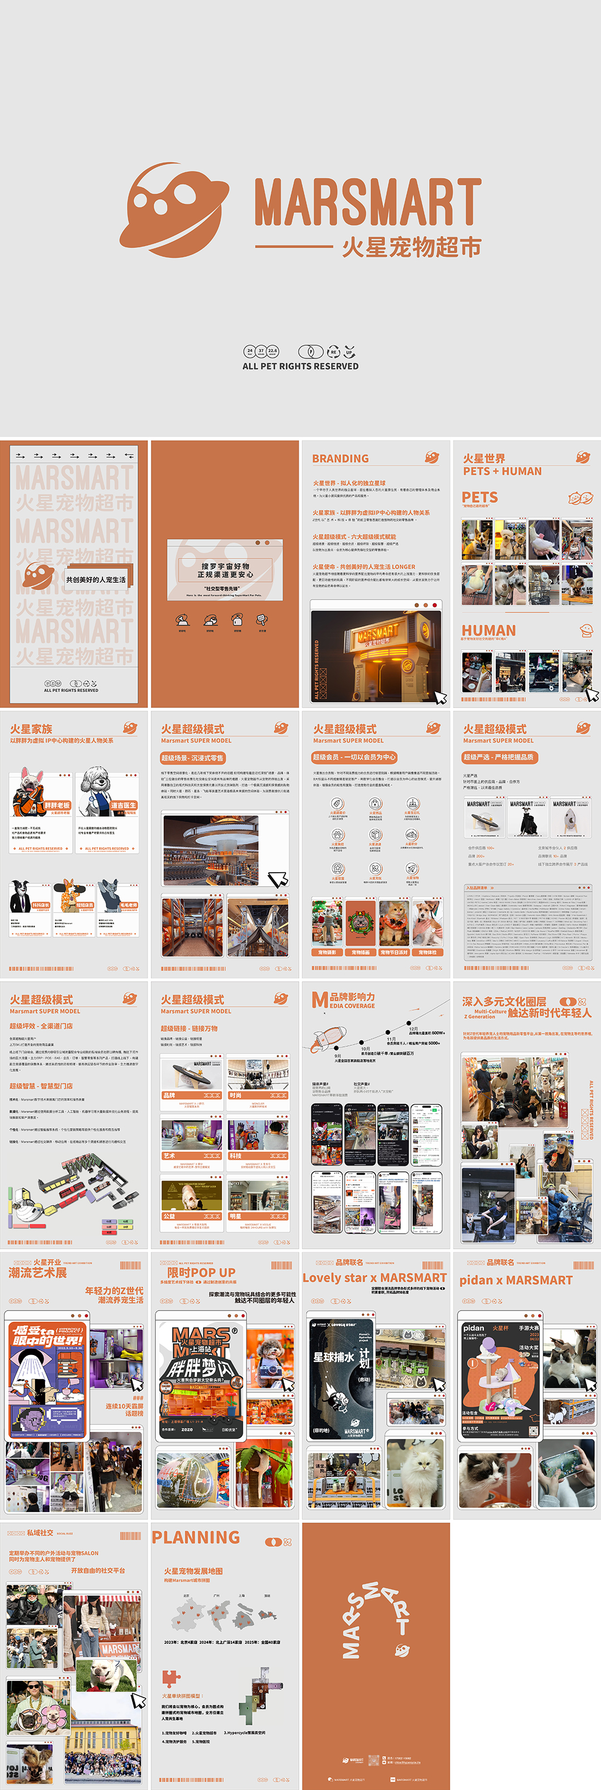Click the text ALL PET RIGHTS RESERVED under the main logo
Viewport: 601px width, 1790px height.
tap(300, 366)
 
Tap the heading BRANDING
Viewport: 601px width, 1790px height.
tap(340, 458)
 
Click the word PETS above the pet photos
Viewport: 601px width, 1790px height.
tap(480, 497)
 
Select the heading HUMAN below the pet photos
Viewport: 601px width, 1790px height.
tap(489, 630)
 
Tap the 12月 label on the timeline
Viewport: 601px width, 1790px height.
tap(413, 1028)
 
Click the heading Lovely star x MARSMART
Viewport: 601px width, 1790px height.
tap(375, 1278)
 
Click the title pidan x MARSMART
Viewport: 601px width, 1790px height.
tap(515, 1280)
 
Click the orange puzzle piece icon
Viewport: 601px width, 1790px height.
tap(170, 1679)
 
